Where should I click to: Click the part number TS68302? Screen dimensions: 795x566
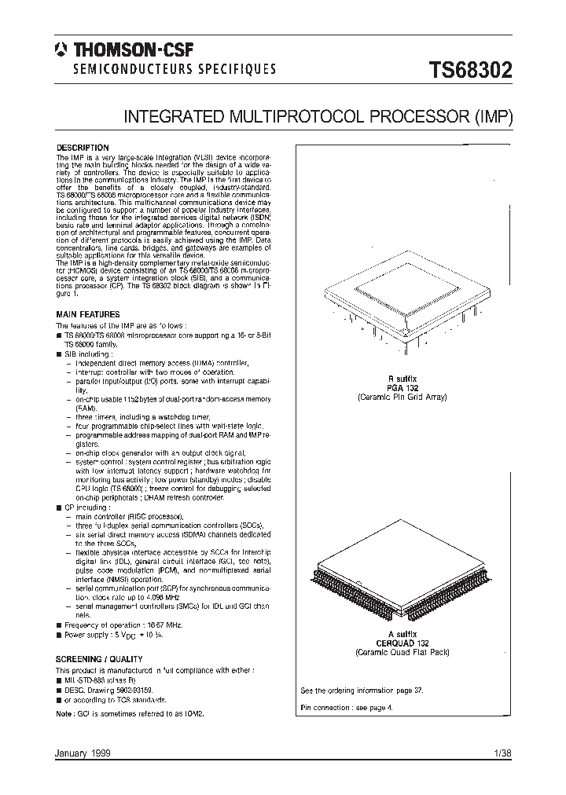coord(470,71)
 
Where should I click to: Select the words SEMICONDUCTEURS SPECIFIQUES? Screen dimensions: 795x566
coord(175,69)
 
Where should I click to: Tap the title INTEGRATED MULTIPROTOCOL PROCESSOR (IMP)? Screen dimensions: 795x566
coord(318,118)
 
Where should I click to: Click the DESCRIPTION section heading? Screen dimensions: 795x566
coord(82,148)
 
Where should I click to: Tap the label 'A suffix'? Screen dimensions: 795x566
coord(401,633)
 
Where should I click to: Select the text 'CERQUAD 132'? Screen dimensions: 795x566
coord(401,643)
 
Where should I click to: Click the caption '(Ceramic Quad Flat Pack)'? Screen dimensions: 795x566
coord(401,652)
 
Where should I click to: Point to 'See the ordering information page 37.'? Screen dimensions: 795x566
coord(362,691)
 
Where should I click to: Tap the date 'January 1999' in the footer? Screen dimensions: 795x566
coord(82,753)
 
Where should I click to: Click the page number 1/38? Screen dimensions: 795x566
coord(502,753)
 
